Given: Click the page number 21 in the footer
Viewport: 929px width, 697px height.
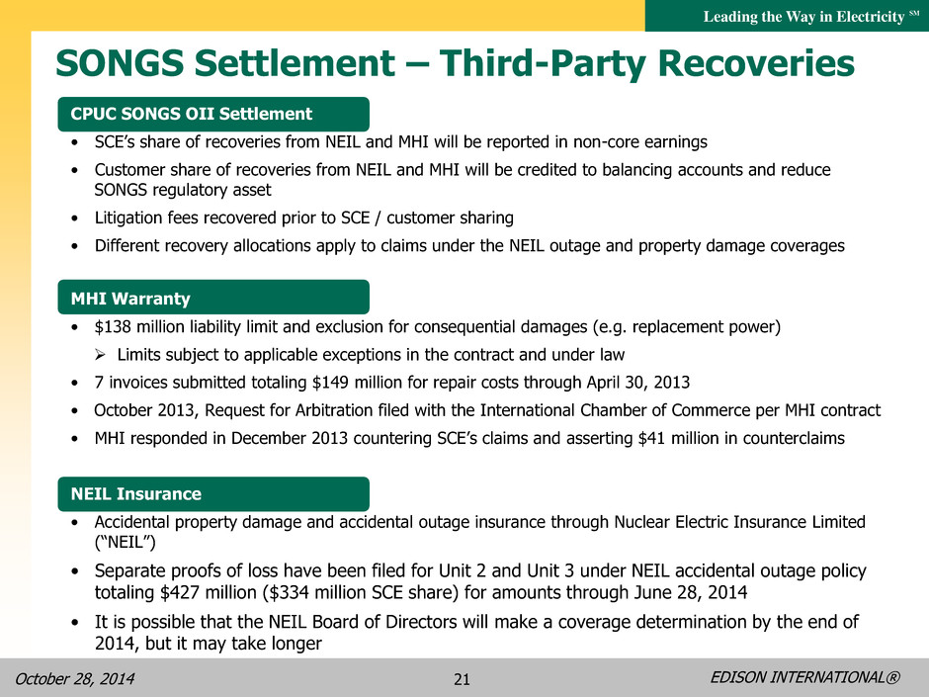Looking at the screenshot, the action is tap(462, 679).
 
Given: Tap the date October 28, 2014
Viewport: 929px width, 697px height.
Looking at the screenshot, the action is tap(75, 678).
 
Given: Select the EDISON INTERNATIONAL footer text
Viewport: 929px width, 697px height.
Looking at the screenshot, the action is tap(804, 677).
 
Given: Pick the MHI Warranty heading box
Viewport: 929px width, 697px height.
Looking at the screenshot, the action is tap(213, 298).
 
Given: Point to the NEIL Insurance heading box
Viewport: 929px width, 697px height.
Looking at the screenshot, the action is tap(213, 493).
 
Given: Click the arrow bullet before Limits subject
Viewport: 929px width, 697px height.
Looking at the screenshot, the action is tap(100, 355).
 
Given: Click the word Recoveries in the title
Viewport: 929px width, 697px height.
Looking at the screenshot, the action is tap(756, 63).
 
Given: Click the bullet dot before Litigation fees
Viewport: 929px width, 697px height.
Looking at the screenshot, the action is tap(74, 218).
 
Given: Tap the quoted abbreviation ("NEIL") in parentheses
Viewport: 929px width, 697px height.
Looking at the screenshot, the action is tap(125, 543).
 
